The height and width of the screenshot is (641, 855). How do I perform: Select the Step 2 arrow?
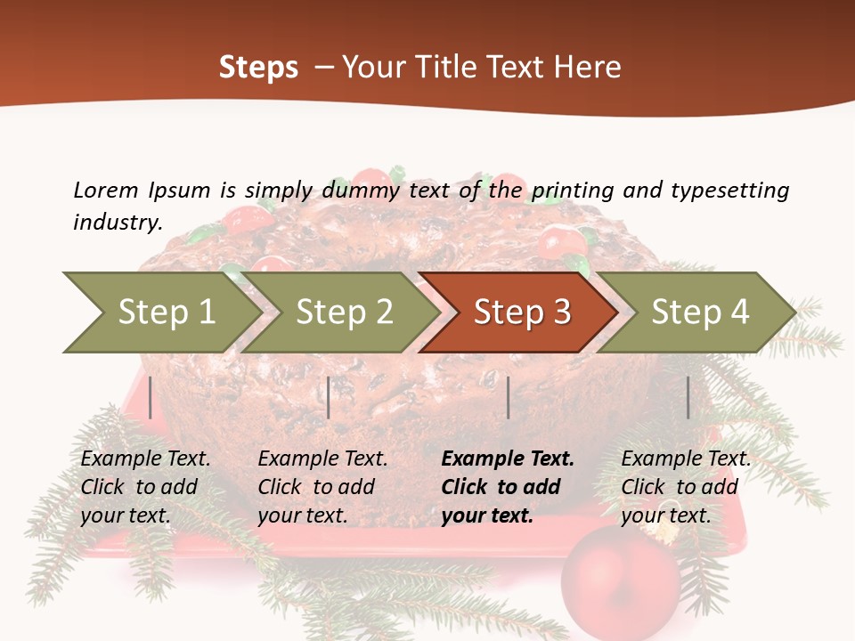344,312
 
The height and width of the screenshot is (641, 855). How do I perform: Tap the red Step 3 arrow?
521,312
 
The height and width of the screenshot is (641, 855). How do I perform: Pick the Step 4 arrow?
699,312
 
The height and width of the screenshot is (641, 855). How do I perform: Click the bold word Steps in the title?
258,68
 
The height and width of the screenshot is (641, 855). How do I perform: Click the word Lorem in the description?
105,190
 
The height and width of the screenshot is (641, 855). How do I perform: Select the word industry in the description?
118,223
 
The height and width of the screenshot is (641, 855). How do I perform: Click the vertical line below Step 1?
151,397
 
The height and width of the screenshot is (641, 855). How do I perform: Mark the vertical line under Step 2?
329,397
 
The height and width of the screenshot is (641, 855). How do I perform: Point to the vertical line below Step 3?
508,397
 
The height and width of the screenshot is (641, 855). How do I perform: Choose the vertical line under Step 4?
688,397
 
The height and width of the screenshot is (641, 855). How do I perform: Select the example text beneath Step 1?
145,487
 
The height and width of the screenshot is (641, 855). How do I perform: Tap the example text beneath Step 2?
322,487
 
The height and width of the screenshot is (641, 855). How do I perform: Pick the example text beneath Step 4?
686,487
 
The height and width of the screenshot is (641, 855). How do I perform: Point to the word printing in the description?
573,191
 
